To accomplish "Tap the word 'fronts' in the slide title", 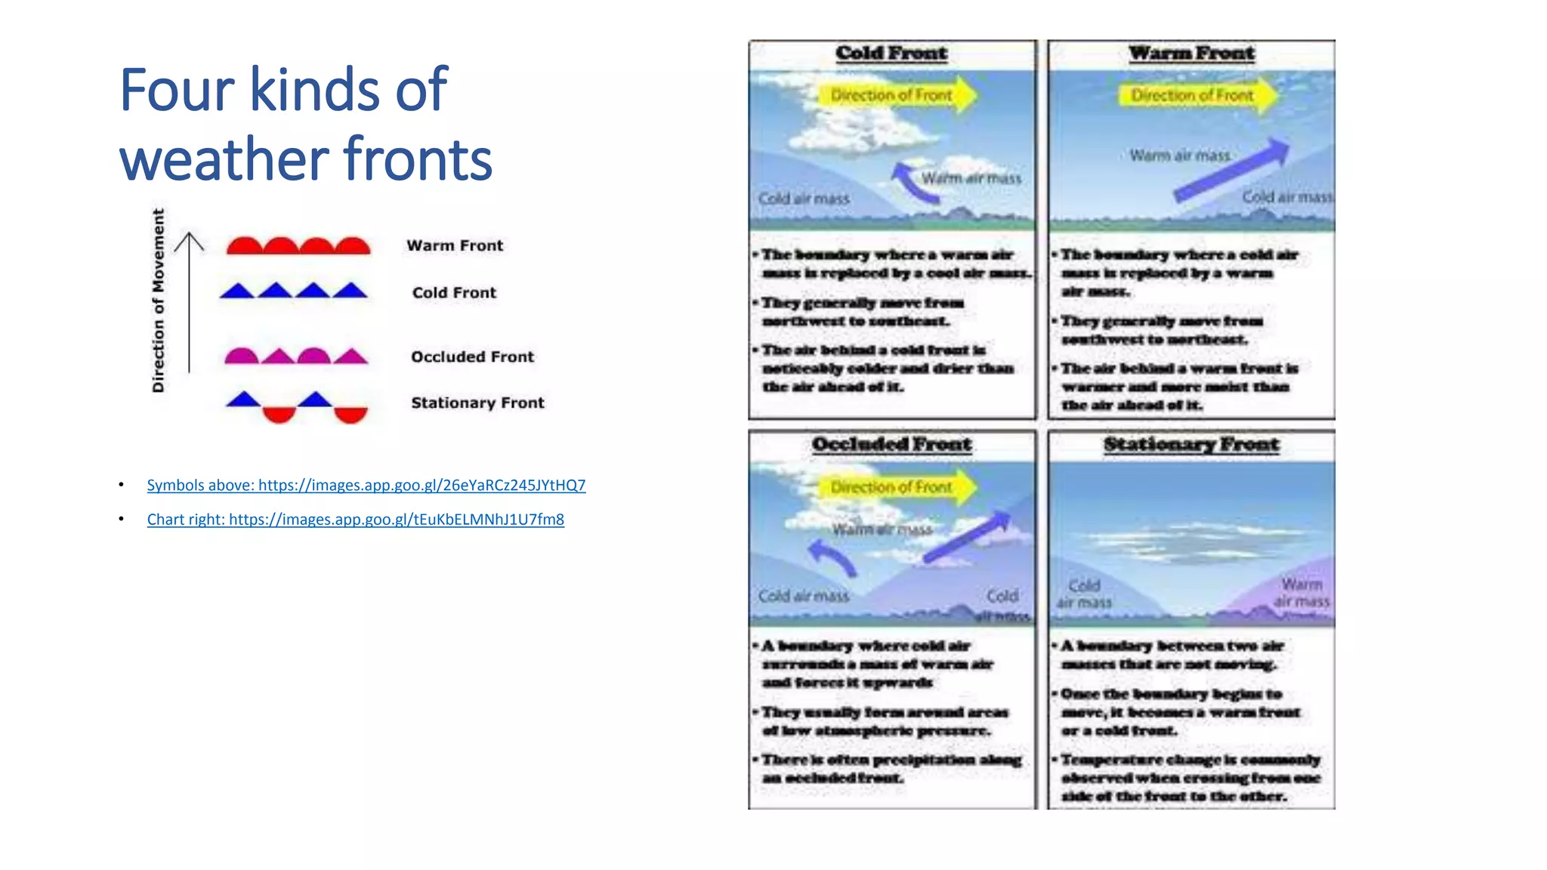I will (418, 159).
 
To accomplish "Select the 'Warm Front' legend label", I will (454, 245).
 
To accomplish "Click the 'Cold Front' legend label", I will (454, 292).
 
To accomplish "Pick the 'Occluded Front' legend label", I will (472, 356).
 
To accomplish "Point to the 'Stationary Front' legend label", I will (477, 403).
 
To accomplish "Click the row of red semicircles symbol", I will (298, 246).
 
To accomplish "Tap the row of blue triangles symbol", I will (294, 291).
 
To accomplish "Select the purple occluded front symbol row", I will (296, 356).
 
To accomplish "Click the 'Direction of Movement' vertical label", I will (158, 301).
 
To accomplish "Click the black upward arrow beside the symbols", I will (189, 302).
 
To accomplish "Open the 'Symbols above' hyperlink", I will (366, 485).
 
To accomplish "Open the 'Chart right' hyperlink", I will (355, 519).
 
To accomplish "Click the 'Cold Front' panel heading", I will (891, 53).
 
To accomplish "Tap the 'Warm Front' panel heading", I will (1191, 53).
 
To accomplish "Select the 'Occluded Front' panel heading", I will (891, 444).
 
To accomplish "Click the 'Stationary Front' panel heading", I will (1191, 444).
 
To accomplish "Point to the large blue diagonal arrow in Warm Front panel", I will (1231, 170).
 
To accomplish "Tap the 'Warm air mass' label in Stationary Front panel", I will (1302, 593).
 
